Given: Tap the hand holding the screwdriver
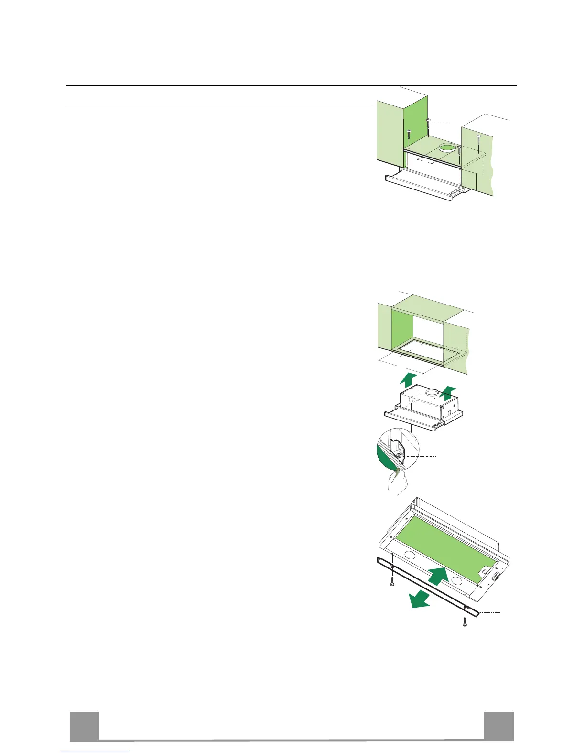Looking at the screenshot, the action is click(x=397, y=485).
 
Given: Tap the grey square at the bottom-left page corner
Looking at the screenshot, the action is click(x=84, y=726).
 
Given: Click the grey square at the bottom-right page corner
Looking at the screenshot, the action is click(x=498, y=726).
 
